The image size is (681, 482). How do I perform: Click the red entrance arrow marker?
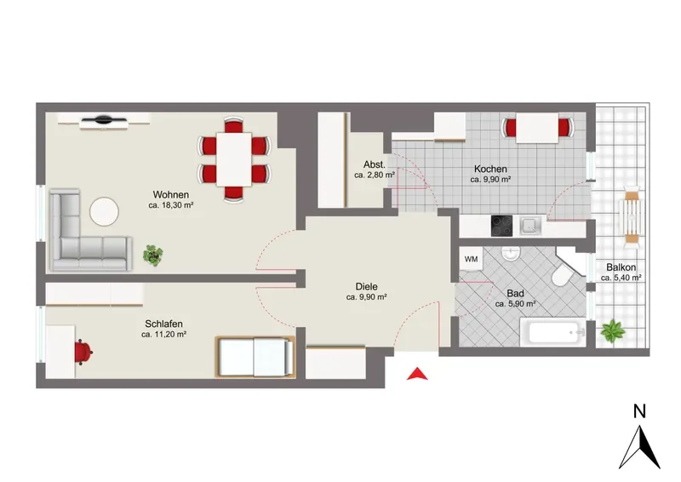click(417, 374)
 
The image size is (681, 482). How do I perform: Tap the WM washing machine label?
click(472, 259)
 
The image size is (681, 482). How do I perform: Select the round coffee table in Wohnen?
click(104, 212)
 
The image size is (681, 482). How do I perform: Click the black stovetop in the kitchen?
click(501, 226)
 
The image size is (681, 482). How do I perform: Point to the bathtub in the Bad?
click(553, 331)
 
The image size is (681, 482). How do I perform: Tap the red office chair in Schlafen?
click(83, 351)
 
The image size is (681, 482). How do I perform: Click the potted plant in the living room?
click(153, 255)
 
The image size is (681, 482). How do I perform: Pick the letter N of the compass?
click(639, 411)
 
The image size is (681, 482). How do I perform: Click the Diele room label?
click(367, 287)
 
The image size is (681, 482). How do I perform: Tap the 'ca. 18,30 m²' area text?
click(171, 205)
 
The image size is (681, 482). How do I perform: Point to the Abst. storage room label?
click(375, 164)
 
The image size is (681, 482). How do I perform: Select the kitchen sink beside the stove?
click(530, 226)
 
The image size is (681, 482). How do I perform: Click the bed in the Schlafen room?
click(255, 357)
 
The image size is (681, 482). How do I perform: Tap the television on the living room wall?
click(104, 118)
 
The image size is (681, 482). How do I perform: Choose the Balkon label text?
click(621, 267)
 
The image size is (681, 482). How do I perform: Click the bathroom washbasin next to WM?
click(511, 254)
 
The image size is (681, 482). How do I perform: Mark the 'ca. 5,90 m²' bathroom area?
click(515, 304)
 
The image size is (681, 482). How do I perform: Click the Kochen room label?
click(490, 169)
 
